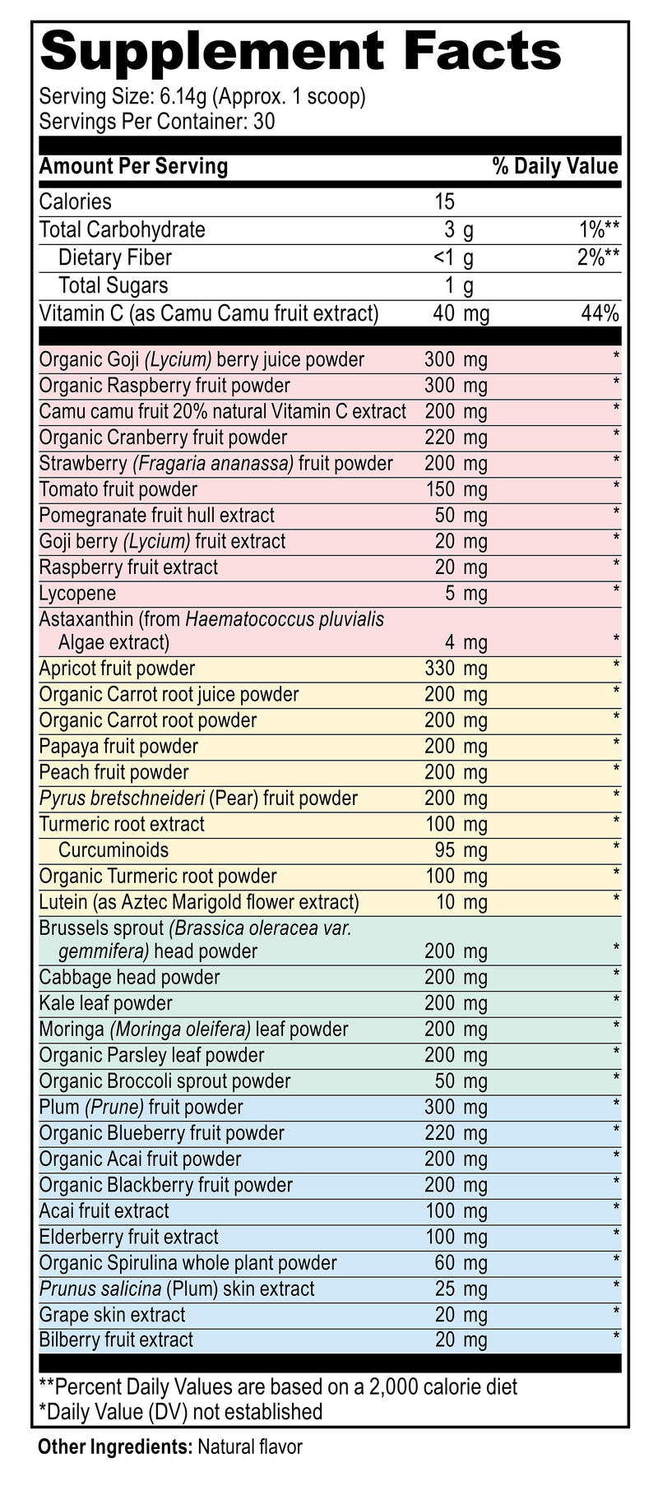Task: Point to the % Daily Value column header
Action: click(x=555, y=167)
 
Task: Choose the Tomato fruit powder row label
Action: click(x=118, y=490)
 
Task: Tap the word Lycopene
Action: click(x=77, y=594)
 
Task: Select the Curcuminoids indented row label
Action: click(x=114, y=850)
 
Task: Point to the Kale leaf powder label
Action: click(x=106, y=1003)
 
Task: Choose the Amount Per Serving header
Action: click(x=133, y=167)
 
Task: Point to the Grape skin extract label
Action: click(x=113, y=1315)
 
